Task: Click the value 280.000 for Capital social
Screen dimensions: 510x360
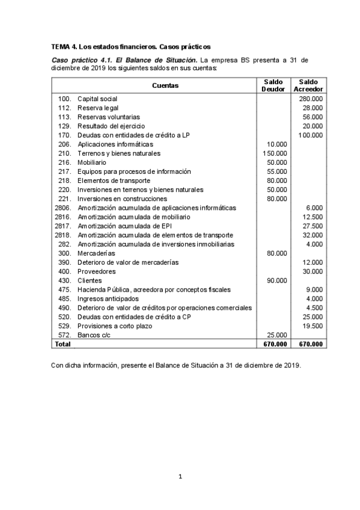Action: tap(311, 99)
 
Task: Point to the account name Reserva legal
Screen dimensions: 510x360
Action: tap(97, 108)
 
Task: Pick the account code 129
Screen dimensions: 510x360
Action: tap(65, 126)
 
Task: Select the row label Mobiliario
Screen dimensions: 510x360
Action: tap(93, 162)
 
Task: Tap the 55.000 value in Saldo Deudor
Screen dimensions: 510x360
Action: tap(276, 171)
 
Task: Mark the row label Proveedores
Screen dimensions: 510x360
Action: tap(96, 271)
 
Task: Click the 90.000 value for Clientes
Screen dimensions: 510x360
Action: tap(276, 280)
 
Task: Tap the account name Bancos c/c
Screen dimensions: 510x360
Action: tap(96, 335)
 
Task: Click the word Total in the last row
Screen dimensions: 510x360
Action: tap(63, 344)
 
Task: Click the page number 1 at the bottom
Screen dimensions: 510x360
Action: tap(180, 477)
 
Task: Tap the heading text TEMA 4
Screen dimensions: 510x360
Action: tap(64, 46)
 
